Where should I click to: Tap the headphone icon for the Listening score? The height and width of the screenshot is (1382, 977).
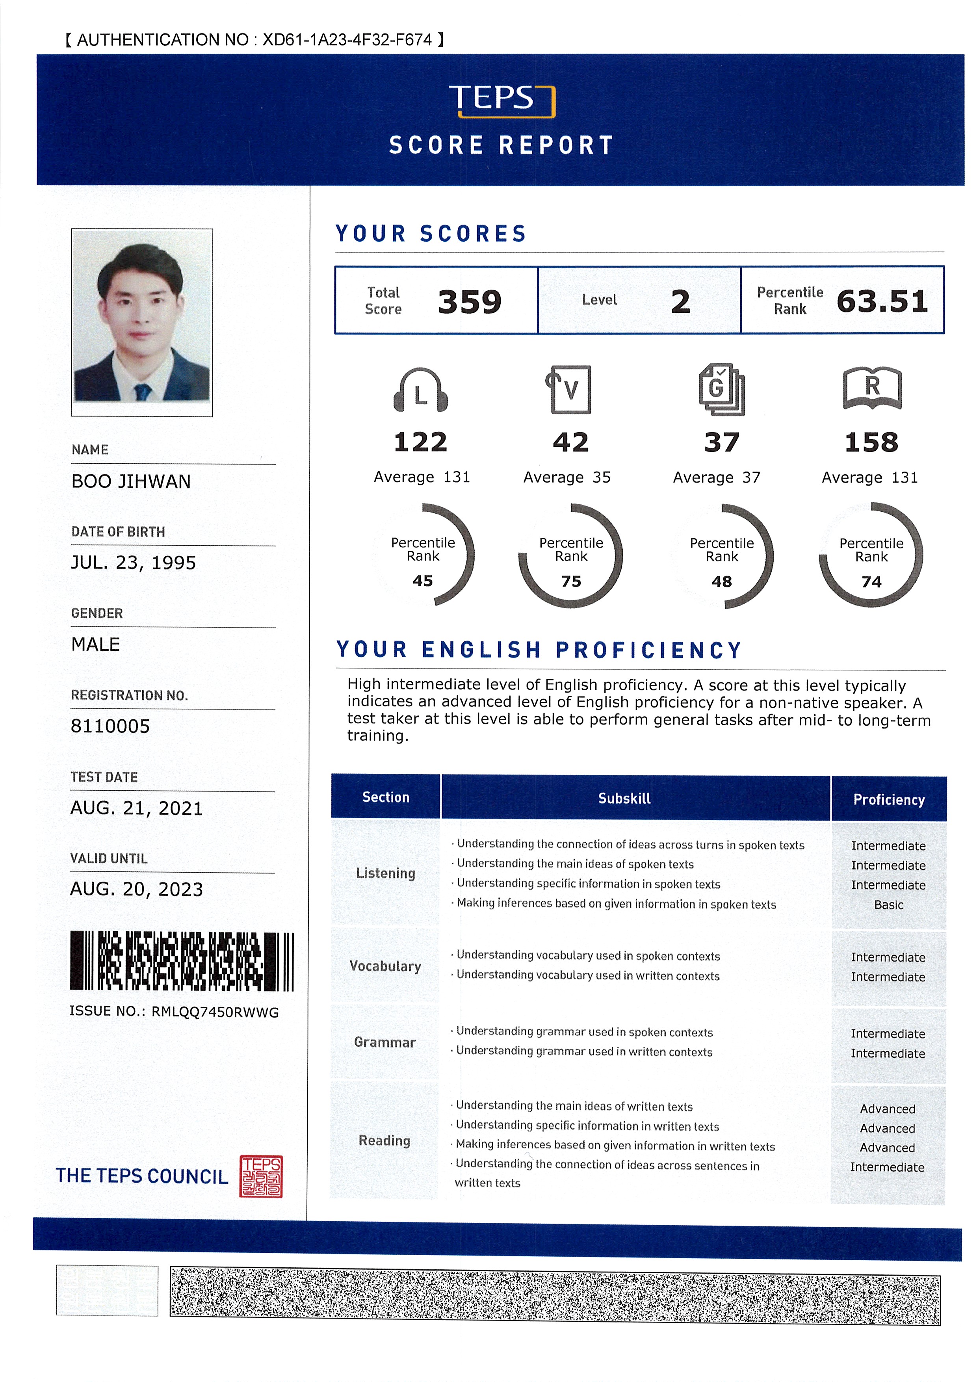[x=420, y=390]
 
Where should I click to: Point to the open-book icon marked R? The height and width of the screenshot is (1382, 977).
[x=872, y=388]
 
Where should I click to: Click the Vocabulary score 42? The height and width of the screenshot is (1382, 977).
[x=571, y=442]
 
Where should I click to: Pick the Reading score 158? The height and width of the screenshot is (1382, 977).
[x=871, y=442]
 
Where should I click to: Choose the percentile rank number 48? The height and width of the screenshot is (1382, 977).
[x=721, y=581]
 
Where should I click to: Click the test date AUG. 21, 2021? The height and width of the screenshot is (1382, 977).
[x=137, y=808]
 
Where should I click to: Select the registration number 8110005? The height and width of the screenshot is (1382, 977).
[x=110, y=726]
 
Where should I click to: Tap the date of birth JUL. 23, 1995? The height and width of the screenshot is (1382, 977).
[x=134, y=563]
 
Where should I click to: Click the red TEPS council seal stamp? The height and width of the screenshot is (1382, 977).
[x=261, y=1176]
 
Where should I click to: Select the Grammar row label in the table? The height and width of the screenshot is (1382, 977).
[x=384, y=1042]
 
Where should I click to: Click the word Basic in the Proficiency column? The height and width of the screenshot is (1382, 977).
[x=888, y=905]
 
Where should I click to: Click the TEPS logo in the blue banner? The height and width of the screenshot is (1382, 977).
[x=502, y=100]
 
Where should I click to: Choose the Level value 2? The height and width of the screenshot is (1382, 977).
[x=680, y=301]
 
